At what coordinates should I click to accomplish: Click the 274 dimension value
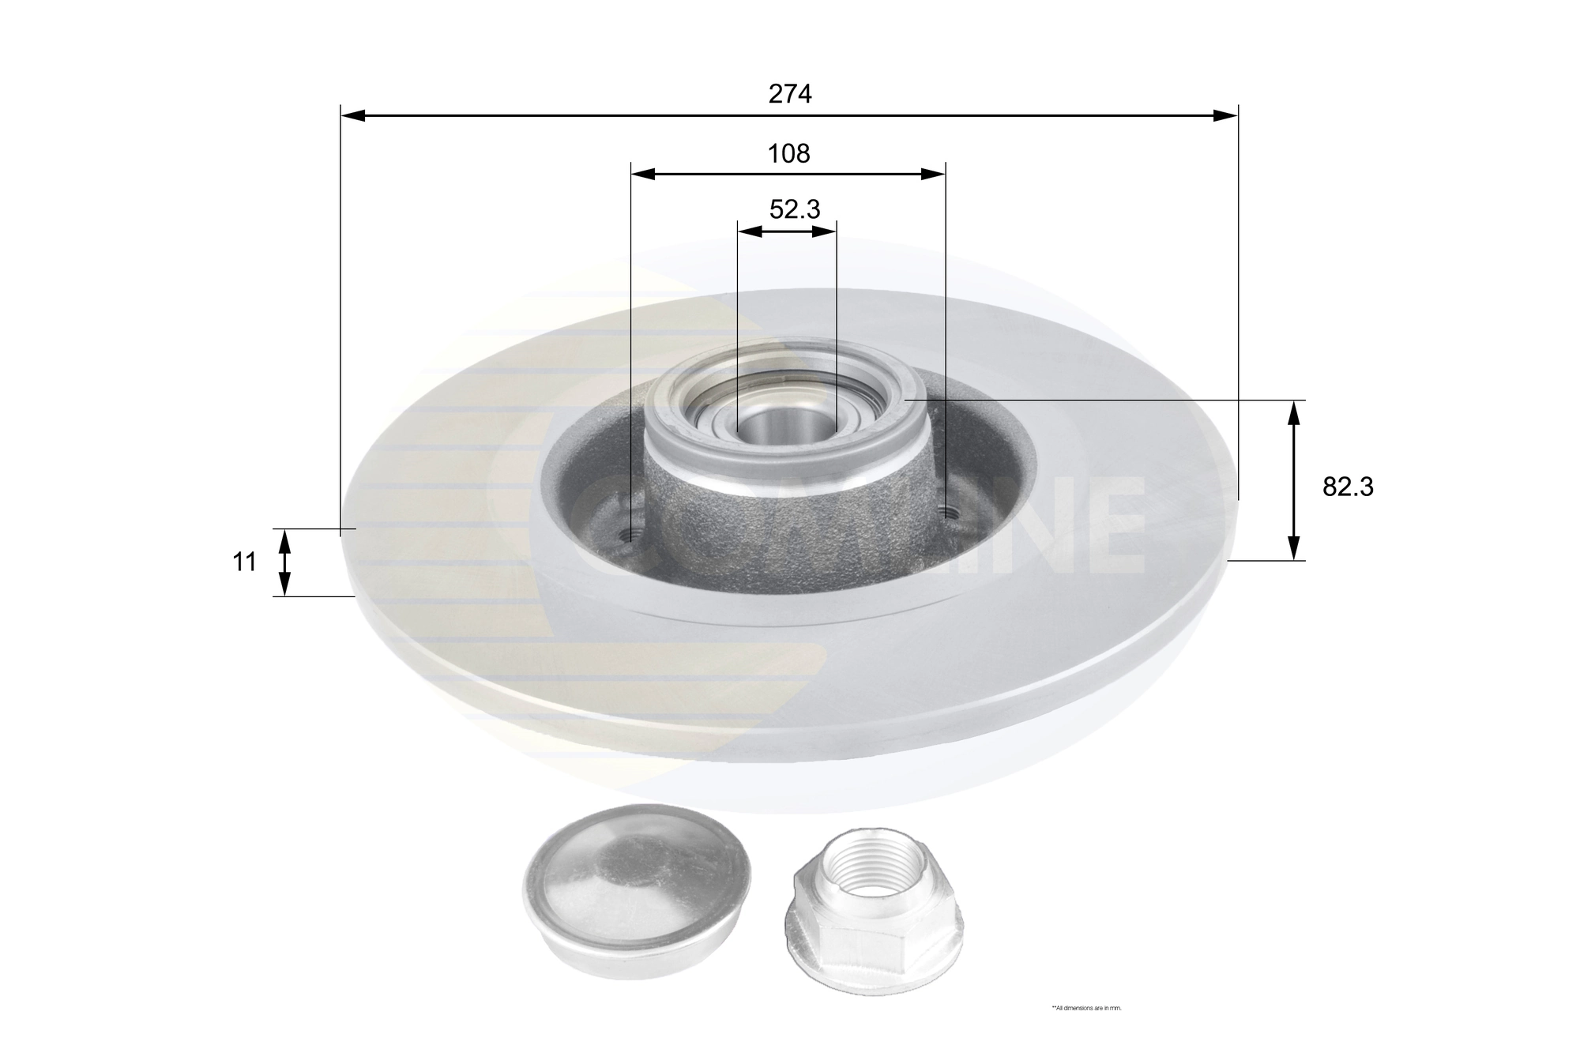pyautogui.click(x=790, y=94)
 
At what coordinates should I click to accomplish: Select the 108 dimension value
pyautogui.click(x=789, y=153)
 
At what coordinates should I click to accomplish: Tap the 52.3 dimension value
pyautogui.click(x=795, y=209)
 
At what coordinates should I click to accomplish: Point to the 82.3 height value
pyautogui.click(x=1348, y=487)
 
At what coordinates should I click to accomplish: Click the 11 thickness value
pyautogui.click(x=245, y=562)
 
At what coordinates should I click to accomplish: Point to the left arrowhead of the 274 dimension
pyautogui.click(x=352, y=116)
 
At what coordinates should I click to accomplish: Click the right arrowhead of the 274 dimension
pyautogui.click(x=1225, y=116)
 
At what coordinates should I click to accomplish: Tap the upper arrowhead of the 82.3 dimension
pyautogui.click(x=1293, y=412)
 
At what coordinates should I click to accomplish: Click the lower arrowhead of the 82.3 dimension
pyautogui.click(x=1293, y=549)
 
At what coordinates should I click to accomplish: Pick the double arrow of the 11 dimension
pyautogui.click(x=285, y=562)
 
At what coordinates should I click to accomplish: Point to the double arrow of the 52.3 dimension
pyautogui.click(x=786, y=231)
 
